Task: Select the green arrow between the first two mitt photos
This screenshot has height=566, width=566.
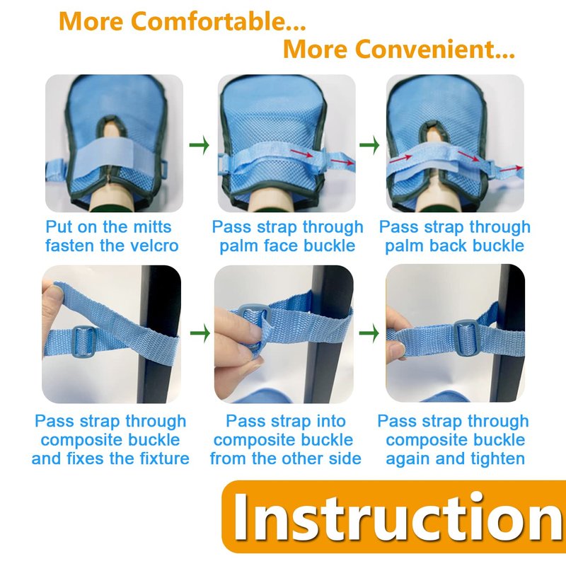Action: (x=200, y=145)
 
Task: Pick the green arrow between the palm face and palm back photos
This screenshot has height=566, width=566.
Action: (x=369, y=145)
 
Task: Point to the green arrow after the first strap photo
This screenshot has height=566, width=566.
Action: (x=200, y=333)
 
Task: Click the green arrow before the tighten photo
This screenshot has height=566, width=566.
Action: (x=369, y=333)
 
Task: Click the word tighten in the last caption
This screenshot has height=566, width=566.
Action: (x=498, y=458)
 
